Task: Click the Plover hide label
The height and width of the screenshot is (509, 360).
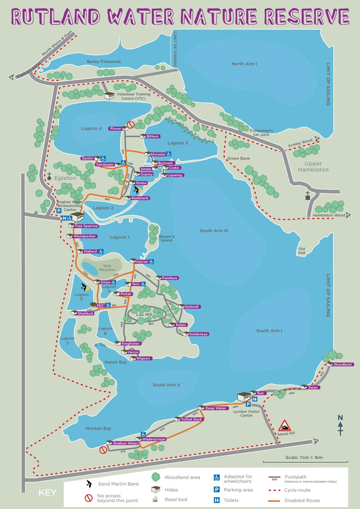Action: (x=115, y=128)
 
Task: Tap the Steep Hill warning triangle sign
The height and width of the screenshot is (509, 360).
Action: (x=284, y=425)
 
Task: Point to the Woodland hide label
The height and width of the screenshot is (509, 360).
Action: (x=342, y=364)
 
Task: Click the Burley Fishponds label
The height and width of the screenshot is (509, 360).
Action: (x=104, y=62)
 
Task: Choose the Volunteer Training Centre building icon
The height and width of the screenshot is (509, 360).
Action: (x=109, y=96)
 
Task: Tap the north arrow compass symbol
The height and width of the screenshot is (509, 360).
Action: (x=340, y=425)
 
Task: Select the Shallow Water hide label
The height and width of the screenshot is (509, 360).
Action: (x=125, y=443)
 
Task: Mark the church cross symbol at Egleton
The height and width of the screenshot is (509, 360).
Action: (x=49, y=176)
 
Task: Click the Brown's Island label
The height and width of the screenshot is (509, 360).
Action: (x=166, y=238)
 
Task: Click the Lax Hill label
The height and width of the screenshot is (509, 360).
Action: (x=145, y=315)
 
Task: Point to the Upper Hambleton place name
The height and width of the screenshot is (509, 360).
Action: (x=316, y=167)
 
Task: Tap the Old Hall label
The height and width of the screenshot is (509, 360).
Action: (x=302, y=251)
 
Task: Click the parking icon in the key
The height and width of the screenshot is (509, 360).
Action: (x=217, y=489)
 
